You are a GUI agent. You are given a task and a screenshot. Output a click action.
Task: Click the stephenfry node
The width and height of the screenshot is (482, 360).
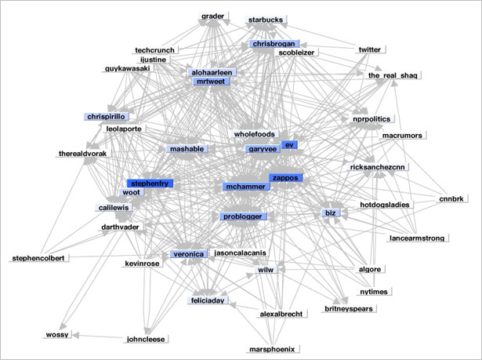tap(150, 184)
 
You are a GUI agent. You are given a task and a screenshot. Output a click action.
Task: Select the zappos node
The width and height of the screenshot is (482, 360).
tap(285, 178)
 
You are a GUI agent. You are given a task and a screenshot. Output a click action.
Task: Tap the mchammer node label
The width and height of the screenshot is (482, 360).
tap(246, 187)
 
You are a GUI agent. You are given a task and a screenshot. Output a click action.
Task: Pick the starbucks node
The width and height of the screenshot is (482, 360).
tap(266, 20)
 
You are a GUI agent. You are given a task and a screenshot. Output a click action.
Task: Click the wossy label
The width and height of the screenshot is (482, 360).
tap(57, 334)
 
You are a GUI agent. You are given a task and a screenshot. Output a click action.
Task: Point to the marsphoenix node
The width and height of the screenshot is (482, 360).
tap(272, 349)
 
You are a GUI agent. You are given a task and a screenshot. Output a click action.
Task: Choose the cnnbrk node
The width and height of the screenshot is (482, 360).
tap(451, 198)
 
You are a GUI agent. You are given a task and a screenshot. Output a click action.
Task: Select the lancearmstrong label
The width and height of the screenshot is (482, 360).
tap(417, 238)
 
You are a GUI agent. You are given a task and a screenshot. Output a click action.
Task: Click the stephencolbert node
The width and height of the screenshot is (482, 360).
tap(38, 258)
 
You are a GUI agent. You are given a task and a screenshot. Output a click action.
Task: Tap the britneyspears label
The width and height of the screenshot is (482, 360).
tap(349, 308)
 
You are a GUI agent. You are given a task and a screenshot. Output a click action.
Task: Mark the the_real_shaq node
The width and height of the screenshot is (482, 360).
tap(393, 75)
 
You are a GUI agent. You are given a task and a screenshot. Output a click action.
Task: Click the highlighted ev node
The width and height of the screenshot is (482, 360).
tap(289, 145)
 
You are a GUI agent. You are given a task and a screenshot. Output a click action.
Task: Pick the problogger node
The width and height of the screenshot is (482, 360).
tap(243, 216)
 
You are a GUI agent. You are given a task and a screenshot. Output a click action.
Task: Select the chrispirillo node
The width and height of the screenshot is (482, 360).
tap(106, 117)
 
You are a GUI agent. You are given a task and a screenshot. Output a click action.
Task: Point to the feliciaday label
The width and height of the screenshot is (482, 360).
tap(208, 300)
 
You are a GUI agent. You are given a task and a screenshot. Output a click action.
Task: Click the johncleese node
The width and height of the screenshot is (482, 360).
tap(146, 340)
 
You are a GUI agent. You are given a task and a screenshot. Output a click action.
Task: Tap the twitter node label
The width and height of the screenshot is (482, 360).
tap(370, 49)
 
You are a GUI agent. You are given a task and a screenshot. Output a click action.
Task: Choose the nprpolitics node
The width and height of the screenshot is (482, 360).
tap(372, 119)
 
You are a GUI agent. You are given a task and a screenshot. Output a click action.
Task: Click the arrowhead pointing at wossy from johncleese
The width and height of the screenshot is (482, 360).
tap(75, 335)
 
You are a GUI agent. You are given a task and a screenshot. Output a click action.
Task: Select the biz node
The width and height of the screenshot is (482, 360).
tap(331, 213)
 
